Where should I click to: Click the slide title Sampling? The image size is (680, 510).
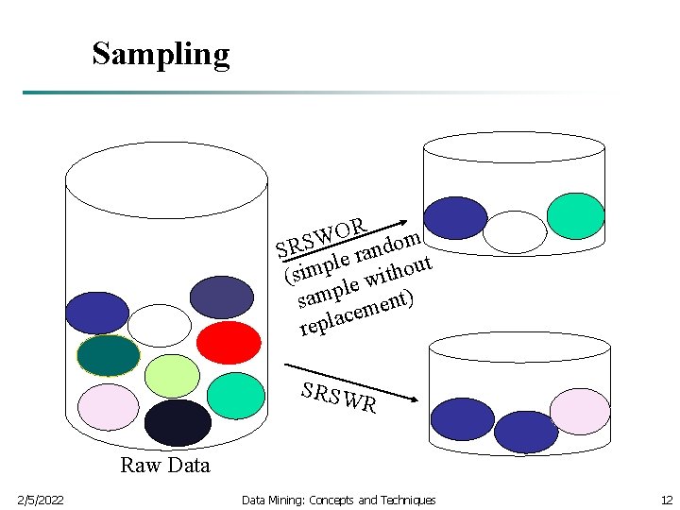tap(161, 54)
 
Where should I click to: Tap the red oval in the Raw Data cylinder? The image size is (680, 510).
tap(228, 342)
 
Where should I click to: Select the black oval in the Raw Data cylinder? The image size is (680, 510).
tap(178, 422)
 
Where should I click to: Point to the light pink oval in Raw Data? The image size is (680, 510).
tap(108, 407)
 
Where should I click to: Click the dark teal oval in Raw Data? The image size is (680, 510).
tap(108, 356)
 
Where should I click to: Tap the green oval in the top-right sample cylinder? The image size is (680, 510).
tap(575, 216)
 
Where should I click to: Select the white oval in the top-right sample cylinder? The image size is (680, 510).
tap(515, 232)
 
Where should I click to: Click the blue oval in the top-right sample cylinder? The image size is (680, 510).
tap(456, 218)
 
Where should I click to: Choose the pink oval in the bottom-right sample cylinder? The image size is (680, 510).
tap(580, 411)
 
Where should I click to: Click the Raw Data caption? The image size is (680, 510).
tap(165, 465)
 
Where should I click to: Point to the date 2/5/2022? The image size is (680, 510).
tap(41, 500)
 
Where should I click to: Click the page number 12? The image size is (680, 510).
tap(666, 500)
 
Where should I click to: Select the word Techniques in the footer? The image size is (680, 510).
tap(406, 500)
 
